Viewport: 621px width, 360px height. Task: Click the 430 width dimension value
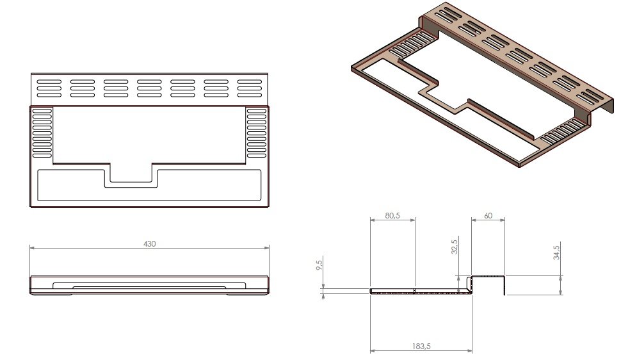click(150, 244)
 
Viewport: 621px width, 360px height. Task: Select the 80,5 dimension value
click(393, 216)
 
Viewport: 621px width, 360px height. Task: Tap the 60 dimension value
click(488, 216)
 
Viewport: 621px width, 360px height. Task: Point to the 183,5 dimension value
click(422, 346)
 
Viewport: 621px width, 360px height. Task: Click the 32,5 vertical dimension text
click(454, 247)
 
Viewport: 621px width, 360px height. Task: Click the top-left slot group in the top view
click(50, 88)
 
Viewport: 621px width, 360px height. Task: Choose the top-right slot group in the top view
click(250, 88)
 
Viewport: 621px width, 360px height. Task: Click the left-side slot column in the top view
click(42, 133)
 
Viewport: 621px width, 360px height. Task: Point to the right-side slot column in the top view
click(257, 133)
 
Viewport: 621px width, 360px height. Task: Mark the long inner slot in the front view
click(149, 284)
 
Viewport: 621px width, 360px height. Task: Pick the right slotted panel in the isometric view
click(562, 131)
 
